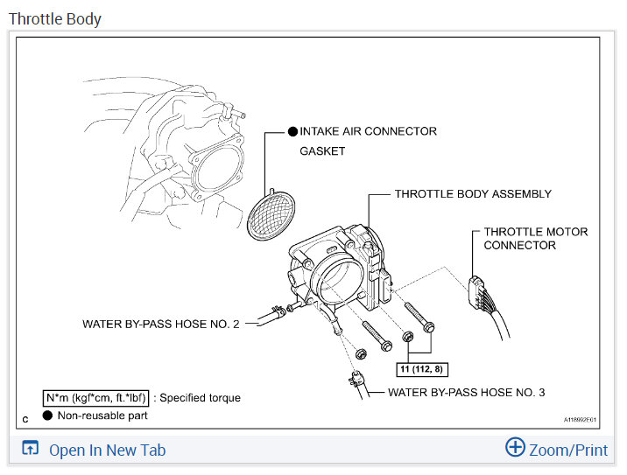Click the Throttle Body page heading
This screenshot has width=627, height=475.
point(55,18)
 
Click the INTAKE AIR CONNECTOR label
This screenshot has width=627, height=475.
point(368,131)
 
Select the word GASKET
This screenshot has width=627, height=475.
point(322,151)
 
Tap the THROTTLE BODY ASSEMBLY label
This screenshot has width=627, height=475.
point(473,194)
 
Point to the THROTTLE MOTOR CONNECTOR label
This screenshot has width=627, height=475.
point(535,239)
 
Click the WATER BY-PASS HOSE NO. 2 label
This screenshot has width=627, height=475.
point(160,324)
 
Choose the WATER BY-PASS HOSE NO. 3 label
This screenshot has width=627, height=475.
point(466,393)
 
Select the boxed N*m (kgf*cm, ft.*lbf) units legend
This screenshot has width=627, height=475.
point(96,398)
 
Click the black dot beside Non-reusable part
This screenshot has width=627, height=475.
point(47,416)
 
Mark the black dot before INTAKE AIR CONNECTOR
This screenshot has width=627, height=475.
point(292,131)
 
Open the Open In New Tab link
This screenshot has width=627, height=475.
point(107,451)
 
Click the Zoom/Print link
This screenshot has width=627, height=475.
point(567,450)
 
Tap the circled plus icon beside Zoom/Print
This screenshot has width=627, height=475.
point(515,448)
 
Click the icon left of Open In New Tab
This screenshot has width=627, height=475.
point(31,450)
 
